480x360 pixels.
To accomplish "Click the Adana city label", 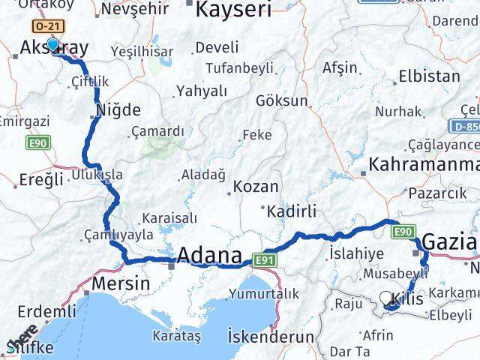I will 210,254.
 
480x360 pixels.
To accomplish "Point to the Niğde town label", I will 118,110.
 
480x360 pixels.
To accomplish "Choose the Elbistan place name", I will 429,76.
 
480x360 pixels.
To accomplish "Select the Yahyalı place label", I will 201,91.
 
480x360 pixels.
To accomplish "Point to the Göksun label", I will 281,100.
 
